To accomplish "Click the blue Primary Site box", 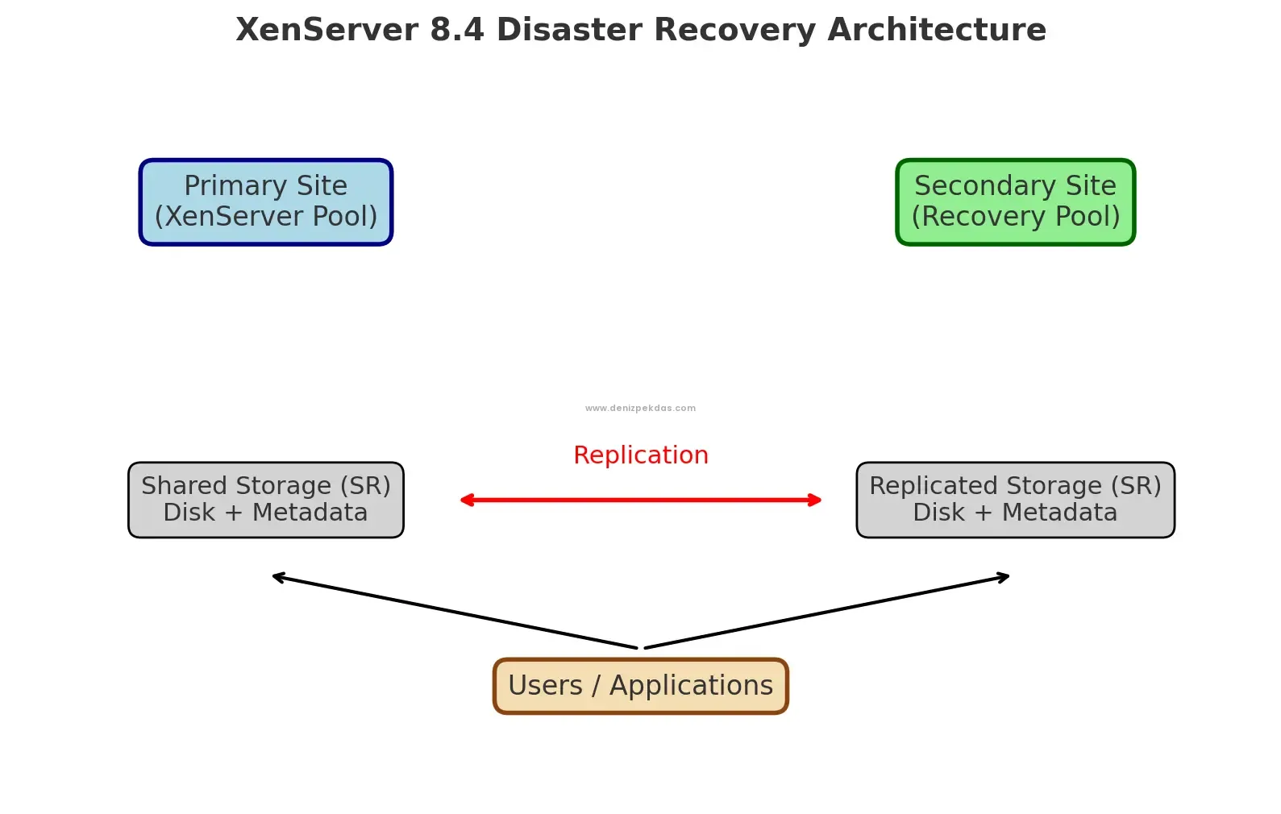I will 265,201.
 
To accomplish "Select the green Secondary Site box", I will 1015,201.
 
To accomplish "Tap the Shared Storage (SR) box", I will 265,500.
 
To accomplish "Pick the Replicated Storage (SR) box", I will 1015,500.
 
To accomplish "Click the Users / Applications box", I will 640,686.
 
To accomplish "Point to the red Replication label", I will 640,455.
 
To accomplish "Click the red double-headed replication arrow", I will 640,500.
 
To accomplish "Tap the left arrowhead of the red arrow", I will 466,500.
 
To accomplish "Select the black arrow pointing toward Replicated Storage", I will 827,612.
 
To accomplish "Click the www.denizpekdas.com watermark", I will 640,409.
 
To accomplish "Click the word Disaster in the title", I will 570,30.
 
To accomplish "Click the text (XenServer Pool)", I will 265,217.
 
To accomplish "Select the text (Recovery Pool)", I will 1015,217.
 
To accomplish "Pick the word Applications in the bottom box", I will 691,686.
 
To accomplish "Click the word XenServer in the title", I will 326,30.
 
